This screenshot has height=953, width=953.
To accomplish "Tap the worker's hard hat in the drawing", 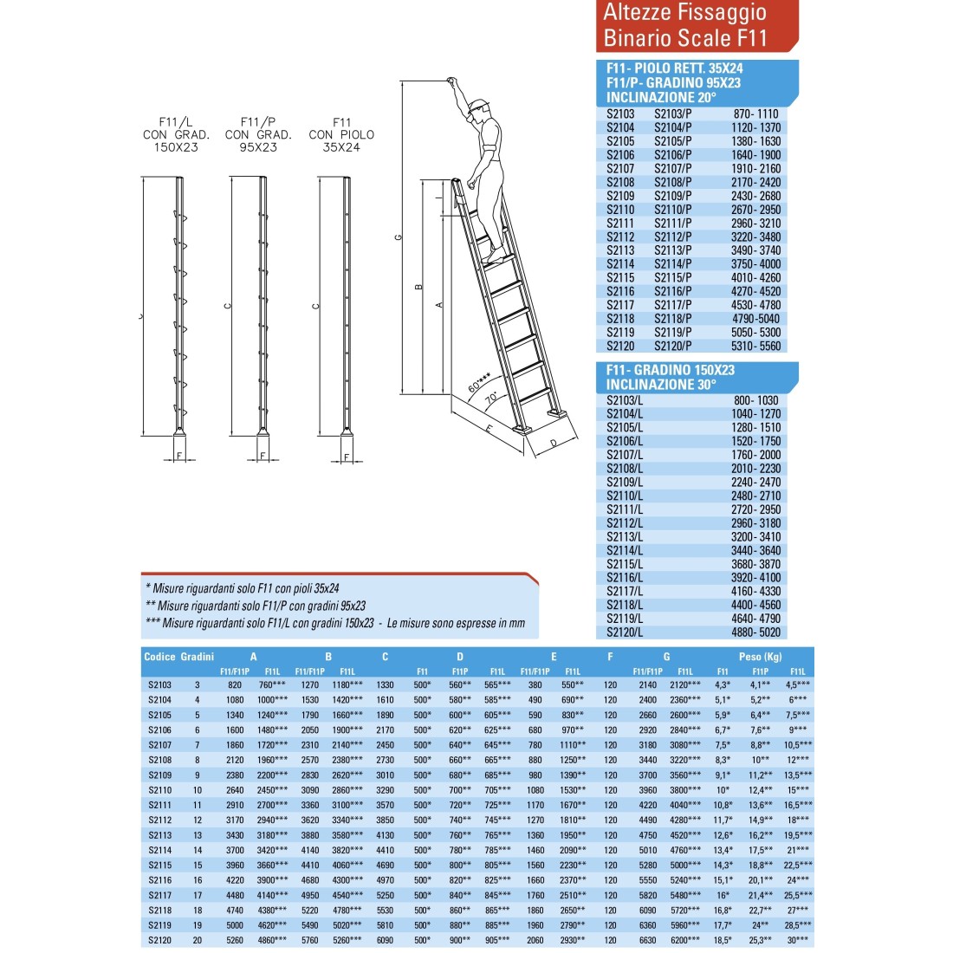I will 476,107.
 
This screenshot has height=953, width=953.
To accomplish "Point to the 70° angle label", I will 492,399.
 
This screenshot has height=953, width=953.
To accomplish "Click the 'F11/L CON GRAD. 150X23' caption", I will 176,135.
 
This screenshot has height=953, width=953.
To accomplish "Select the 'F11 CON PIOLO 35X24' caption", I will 341,135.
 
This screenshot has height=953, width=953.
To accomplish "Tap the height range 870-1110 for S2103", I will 755,113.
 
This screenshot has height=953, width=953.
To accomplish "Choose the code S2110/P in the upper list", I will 673,210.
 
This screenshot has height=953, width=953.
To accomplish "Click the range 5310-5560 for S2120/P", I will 756,346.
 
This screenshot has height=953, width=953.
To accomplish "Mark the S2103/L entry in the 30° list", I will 625,400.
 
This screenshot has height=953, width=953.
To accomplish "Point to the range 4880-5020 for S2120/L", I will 755,632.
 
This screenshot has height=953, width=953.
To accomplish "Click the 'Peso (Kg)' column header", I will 760,657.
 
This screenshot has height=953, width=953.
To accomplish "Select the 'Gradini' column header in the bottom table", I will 198,657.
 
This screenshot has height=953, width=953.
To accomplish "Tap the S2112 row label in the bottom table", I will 160,820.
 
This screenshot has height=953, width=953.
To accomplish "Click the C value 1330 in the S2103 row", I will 386,684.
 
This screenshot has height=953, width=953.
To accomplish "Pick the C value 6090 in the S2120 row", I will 386,940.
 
